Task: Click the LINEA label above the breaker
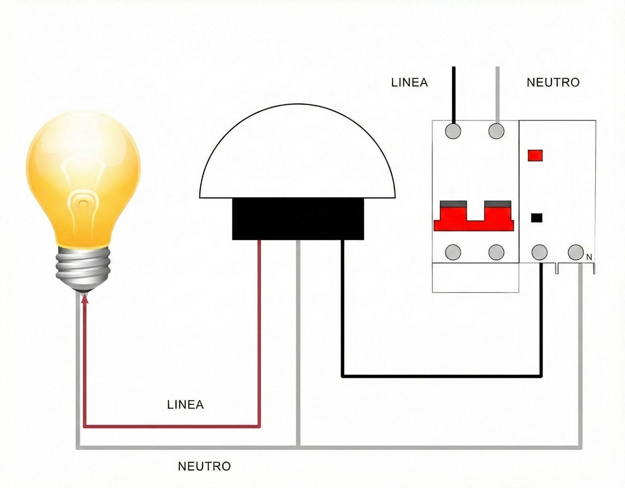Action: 409,82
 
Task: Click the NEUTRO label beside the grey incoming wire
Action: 553,82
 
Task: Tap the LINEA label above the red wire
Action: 185,404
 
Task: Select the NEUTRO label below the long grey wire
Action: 204,466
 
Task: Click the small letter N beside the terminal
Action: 589,257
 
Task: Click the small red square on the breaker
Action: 535,156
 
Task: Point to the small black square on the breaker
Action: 536,218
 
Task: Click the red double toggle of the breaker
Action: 473,219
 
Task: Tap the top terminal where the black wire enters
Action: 453,131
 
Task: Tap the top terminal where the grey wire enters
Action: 496,131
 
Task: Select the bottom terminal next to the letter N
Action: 575,252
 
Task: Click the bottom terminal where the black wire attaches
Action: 540,252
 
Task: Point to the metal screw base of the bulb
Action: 83,268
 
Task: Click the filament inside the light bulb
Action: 83,199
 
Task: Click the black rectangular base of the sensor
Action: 298,218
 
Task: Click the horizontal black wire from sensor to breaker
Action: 441,376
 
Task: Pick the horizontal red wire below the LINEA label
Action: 172,426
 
